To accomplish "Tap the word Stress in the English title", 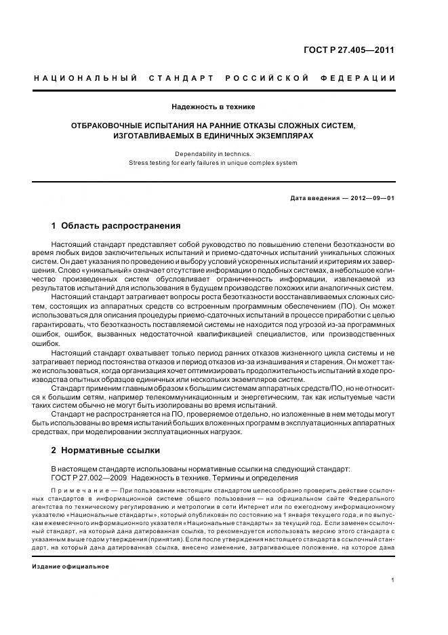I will (x=139, y=163).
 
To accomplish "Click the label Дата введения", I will (x=313, y=197).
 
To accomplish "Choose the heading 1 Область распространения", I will (x=116, y=225).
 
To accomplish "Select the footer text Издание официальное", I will (x=70, y=566).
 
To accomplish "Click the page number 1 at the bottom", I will (x=393, y=579).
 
